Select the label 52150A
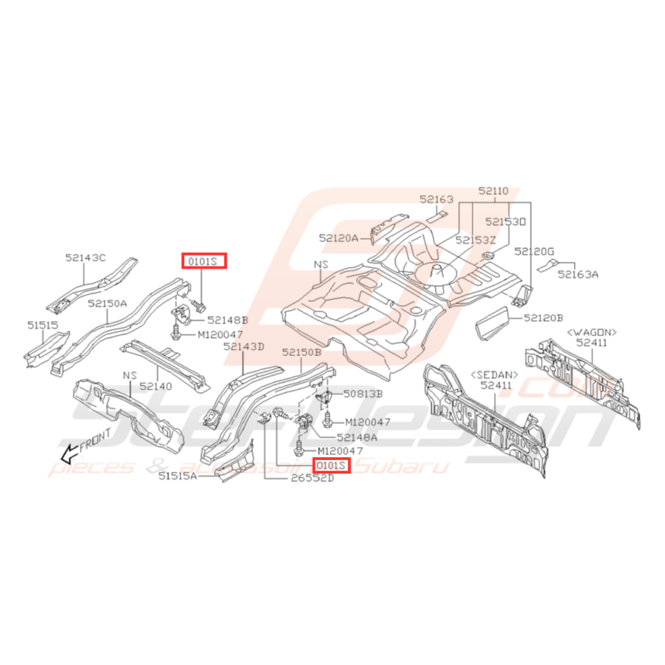[x=107, y=303]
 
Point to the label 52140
[x=156, y=385]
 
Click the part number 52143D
[x=244, y=346]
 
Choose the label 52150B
[x=302, y=353]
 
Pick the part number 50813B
[x=363, y=394]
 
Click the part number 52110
[x=494, y=191]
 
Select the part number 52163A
[x=579, y=274]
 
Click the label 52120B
[x=544, y=317]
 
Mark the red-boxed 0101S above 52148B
[x=203, y=261]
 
